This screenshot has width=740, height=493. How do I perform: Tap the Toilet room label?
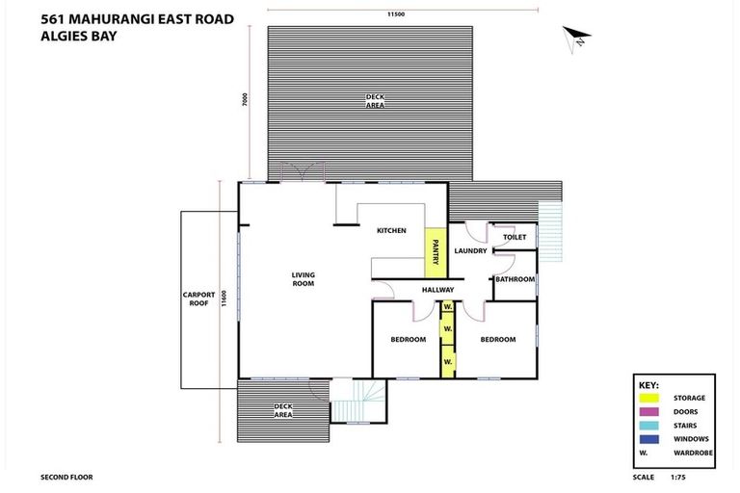coord(514,236)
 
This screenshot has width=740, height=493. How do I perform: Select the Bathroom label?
coord(515,279)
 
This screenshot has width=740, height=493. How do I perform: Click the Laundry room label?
coord(470,251)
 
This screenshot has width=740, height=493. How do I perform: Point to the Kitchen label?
coord(391,230)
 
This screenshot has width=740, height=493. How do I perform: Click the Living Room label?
coord(304,279)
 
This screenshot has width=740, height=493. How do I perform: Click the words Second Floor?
coord(66,477)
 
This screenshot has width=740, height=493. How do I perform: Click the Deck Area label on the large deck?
coord(375,100)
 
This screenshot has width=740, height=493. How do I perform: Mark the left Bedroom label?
coord(408,339)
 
